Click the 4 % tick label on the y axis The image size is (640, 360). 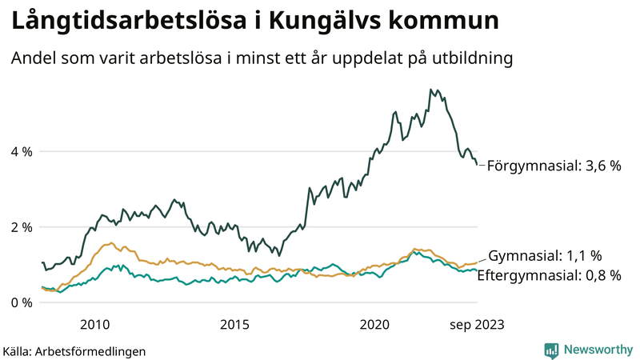coord(22,151)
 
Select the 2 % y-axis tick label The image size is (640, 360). coord(22,227)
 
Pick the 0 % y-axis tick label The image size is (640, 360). coord(22,302)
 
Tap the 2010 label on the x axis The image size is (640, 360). coord(94,324)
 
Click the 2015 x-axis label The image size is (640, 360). coord(234,324)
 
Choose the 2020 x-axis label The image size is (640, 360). coord(374,324)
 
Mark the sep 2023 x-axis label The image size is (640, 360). coord(477,324)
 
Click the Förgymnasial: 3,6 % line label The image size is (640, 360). coord(554,166)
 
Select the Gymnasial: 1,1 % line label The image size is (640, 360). coord(545,256)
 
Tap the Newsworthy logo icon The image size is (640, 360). coord(551,350)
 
